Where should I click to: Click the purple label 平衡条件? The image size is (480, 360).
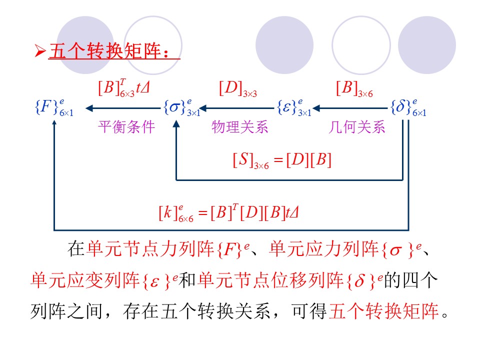click(x=126, y=127)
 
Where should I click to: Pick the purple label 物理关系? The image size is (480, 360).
click(x=240, y=127)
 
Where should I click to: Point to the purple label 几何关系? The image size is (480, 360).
click(x=357, y=127)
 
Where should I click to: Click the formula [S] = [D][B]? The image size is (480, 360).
click(x=282, y=161)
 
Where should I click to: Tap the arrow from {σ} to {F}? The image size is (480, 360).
click(x=123, y=107)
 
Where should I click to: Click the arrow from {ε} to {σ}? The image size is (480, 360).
click(x=238, y=107)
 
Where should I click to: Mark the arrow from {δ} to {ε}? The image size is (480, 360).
click(x=353, y=107)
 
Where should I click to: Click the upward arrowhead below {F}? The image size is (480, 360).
click(x=54, y=123)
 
